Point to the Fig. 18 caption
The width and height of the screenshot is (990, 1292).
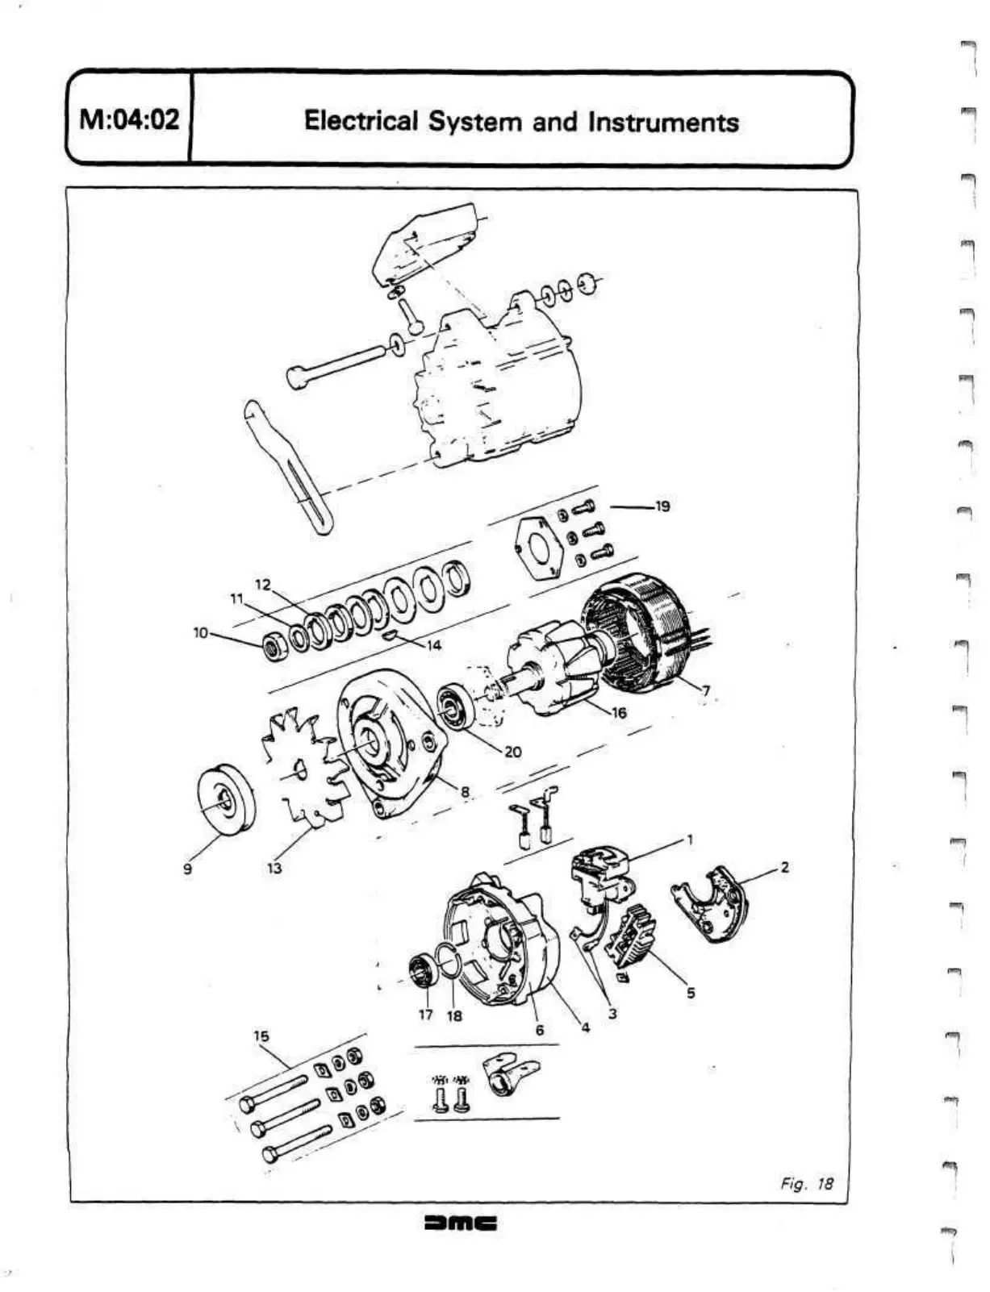coord(806,1184)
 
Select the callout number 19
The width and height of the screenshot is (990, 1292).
coord(662,506)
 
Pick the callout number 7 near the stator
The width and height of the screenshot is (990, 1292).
coord(706,690)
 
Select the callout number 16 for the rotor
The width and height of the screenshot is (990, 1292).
coord(620,713)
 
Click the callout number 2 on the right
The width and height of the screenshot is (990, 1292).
coord(784,868)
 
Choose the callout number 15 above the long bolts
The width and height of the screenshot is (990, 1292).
coord(261,1036)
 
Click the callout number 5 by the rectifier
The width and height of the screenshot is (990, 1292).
coord(691,993)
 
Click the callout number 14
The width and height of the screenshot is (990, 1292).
coord(434,645)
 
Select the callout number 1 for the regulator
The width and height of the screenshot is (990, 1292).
coord(690,840)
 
